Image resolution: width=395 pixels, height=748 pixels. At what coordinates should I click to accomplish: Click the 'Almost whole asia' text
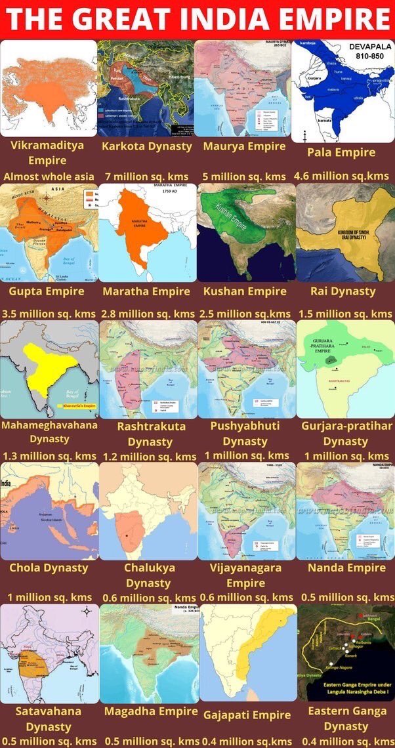(x=48, y=177)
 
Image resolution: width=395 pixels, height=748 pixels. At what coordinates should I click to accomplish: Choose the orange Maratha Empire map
(x=147, y=232)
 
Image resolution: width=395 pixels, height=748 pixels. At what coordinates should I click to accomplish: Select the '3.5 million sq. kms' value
(x=48, y=314)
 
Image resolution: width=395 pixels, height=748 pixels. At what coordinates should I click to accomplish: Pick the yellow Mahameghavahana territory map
(x=49, y=369)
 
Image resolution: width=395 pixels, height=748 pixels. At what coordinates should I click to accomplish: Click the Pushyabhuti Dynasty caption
(x=245, y=434)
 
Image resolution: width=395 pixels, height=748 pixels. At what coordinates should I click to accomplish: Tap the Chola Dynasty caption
(x=49, y=568)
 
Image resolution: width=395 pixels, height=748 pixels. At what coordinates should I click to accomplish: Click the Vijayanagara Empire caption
(x=245, y=575)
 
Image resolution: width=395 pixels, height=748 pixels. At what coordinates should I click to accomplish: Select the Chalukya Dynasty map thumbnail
(x=148, y=510)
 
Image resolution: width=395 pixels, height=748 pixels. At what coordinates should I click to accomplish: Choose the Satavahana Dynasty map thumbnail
(x=49, y=653)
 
